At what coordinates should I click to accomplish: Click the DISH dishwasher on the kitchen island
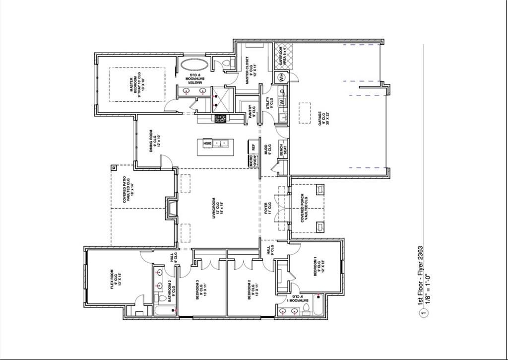coord(207,144)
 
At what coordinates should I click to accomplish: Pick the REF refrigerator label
coord(254,147)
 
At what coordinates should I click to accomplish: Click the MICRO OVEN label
coord(253,161)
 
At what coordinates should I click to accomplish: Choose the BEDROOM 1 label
coord(318,269)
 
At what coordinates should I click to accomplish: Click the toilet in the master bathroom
coord(228,63)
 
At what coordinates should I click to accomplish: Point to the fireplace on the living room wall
coord(172,208)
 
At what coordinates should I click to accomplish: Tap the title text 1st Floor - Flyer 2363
coord(420,276)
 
